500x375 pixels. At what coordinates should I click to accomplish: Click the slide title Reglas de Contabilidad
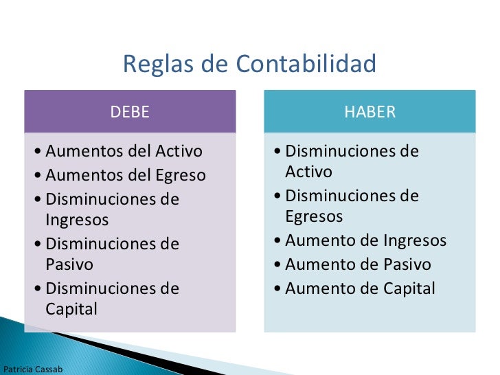tap(250, 65)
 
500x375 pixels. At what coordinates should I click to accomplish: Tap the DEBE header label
tap(130, 112)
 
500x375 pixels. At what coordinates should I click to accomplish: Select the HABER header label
tap(370, 112)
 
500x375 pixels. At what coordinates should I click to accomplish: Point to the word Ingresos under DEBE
tap(77, 220)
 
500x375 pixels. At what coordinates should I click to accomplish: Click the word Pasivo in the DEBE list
tap(69, 264)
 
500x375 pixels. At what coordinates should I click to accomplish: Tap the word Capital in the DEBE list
tap(71, 309)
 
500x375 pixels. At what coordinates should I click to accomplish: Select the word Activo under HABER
tap(308, 172)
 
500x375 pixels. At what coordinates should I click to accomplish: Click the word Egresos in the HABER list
tap(314, 216)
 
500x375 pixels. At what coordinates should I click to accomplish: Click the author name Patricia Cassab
tap(33, 370)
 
